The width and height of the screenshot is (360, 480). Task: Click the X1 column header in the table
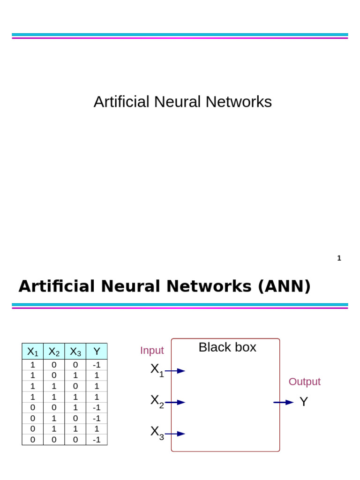tap(33, 352)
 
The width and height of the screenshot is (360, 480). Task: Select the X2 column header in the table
tap(54, 352)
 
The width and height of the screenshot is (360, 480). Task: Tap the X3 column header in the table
tap(75, 352)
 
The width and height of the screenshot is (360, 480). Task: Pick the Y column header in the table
tap(97, 352)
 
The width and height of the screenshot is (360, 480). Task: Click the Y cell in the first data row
tap(97, 365)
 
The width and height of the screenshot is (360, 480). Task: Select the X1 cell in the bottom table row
tap(33, 440)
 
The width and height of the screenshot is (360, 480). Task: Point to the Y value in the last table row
tap(97, 440)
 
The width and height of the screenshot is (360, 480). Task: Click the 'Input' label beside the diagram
tap(152, 351)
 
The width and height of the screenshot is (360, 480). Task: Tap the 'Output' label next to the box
tap(304, 382)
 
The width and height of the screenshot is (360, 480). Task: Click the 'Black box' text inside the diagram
tap(227, 347)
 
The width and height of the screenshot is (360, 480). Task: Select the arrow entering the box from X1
tap(175, 371)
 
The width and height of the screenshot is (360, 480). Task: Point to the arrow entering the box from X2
tap(175, 402)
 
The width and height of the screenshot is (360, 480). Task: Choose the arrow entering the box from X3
tap(175, 434)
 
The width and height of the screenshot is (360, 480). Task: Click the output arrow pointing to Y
tap(283, 402)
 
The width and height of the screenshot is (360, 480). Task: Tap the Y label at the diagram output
tap(304, 402)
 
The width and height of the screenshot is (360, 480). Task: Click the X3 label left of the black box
tap(157, 432)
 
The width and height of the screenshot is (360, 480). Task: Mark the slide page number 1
tap(339, 258)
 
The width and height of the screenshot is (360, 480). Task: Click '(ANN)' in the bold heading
tap(284, 286)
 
